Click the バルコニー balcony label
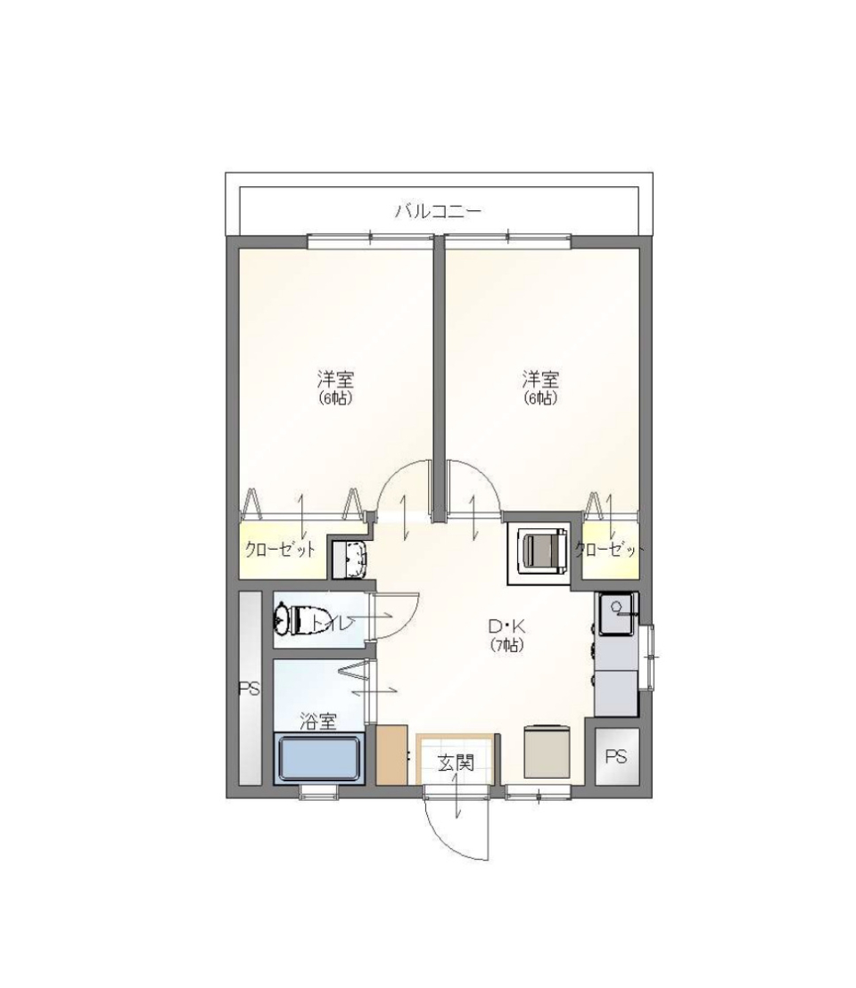coord(438,212)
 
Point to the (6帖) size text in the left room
coord(335,398)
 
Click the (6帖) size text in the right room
coord(540,398)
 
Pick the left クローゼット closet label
coord(281,550)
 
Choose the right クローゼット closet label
coord(610,550)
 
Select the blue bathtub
coord(320,758)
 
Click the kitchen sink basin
coord(616,613)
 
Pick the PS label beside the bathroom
coord(249,689)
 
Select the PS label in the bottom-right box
coord(616,756)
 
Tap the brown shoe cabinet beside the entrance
coord(391,755)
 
